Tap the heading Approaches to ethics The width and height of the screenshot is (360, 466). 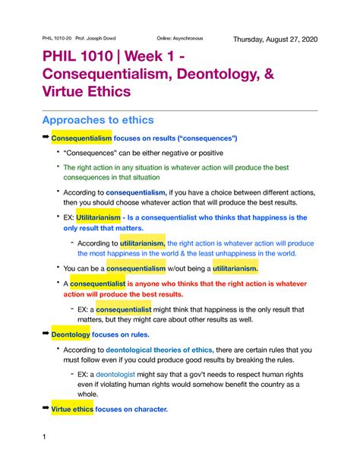click(99, 120)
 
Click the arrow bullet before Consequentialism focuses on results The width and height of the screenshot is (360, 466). click(46, 138)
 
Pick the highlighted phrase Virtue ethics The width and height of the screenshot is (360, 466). click(77, 410)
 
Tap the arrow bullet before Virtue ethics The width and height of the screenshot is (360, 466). click(46, 409)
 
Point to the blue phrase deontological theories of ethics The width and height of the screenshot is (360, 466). click(159, 350)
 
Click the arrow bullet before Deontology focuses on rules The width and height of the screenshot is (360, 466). click(46, 333)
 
